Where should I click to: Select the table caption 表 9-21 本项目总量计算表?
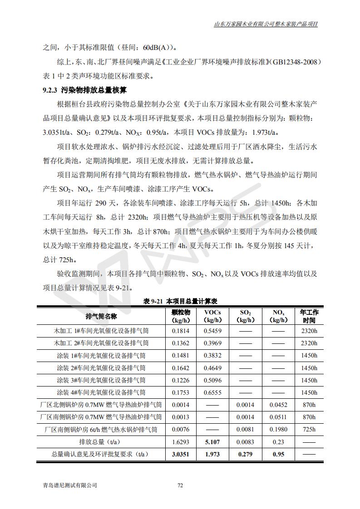click(x=180, y=301)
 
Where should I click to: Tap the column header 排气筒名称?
click(x=101, y=316)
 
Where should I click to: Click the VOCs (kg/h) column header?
click(x=212, y=316)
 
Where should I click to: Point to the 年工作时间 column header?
click(x=309, y=316)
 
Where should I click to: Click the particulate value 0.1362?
click(x=181, y=343)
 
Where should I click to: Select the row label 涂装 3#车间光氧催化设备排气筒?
click(x=101, y=380)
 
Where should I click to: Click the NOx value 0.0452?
click(x=278, y=405)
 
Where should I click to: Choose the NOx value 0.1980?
click(x=278, y=429)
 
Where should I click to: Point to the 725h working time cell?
click(x=309, y=429)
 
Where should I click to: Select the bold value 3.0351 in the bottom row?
click(x=181, y=454)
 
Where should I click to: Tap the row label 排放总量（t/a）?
click(x=101, y=441)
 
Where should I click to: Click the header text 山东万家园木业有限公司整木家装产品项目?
click(x=266, y=24)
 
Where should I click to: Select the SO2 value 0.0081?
click(x=245, y=429)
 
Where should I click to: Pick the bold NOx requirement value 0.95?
click(x=278, y=454)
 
